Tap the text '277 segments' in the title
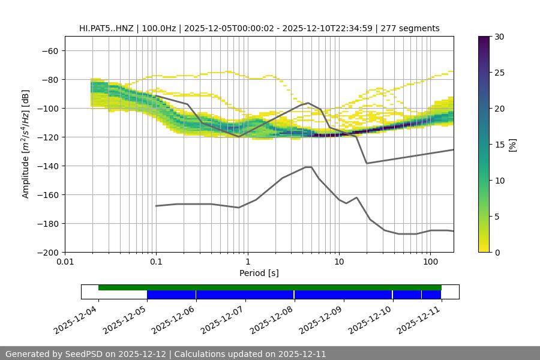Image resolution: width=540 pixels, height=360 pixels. (x=413, y=28)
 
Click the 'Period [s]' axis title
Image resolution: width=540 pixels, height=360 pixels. (x=259, y=273)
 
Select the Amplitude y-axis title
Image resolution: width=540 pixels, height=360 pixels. (x=26, y=144)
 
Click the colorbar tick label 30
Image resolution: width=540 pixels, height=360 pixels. (x=499, y=37)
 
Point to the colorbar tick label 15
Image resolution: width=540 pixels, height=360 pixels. (x=499, y=145)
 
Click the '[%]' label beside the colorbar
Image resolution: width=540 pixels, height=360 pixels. (x=512, y=145)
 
